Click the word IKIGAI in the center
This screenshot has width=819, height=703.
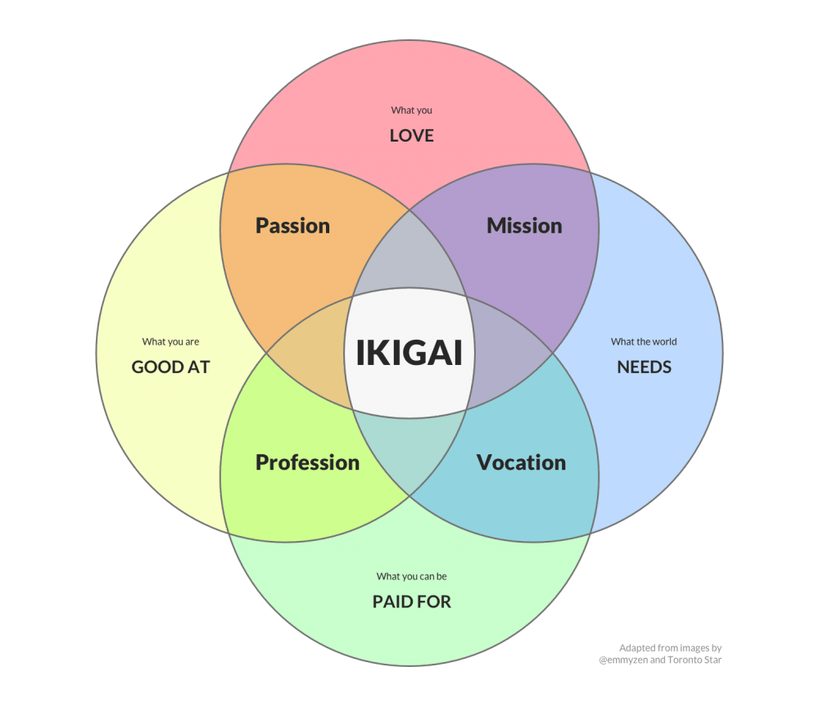[409, 353]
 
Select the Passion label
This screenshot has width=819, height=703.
[292, 226]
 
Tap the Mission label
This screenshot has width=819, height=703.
[524, 226]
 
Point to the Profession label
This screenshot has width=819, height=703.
[307, 462]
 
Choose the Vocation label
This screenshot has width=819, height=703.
[521, 462]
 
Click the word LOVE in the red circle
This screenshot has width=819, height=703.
[411, 135]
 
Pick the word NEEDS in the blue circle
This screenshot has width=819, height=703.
[644, 367]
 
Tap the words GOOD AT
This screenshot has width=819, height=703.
[170, 367]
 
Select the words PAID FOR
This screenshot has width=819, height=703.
[411, 602]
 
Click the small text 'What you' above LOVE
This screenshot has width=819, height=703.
[411, 110]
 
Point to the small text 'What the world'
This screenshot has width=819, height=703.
[644, 342]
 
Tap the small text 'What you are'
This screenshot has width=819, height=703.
[170, 342]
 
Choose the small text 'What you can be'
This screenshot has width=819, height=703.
[411, 577]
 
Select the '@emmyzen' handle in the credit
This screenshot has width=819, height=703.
[622, 660]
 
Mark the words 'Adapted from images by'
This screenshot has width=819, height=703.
[670, 648]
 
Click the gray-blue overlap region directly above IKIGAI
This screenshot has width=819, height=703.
[409, 262]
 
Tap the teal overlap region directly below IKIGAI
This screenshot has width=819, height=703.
[409, 446]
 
